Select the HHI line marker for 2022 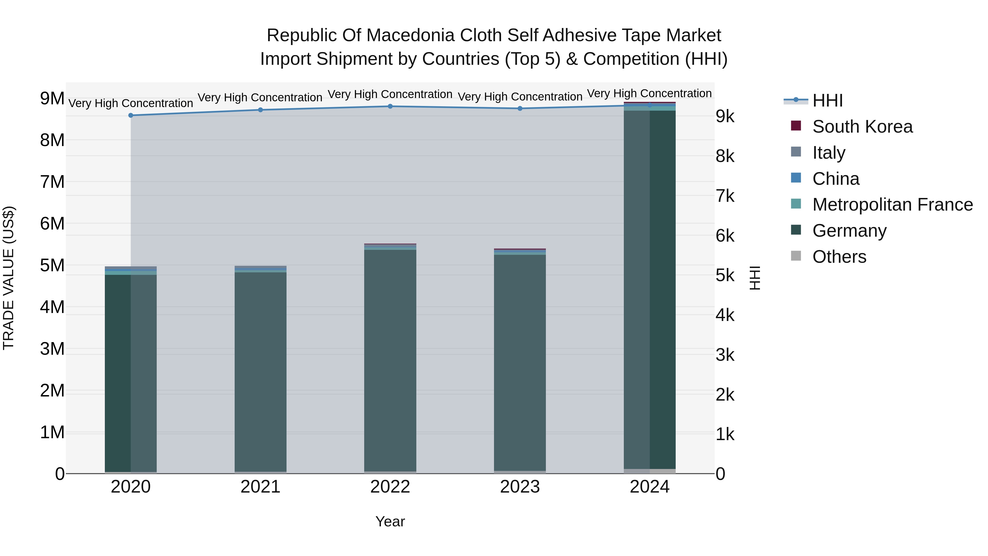click(x=390, y=106)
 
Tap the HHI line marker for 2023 click(x=520, y=108)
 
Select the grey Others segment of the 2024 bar click(x=649, y=471)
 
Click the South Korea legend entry click(x=862, y=127)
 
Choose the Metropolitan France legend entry click(x=892, y=205)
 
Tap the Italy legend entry click(x=829, y=153)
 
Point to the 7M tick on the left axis click(x=52, y=182)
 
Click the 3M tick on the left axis click(x=52, y=349)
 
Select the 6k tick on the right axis click(x=725, y=236)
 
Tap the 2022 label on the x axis click(x=390, y=487)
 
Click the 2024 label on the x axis click(x=649, y=487)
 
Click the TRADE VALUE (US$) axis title click(x=9, y=278)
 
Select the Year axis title click(x=390, y=521)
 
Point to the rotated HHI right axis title click(x=754, y=278)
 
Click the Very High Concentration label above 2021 click(x=260, y=98)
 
